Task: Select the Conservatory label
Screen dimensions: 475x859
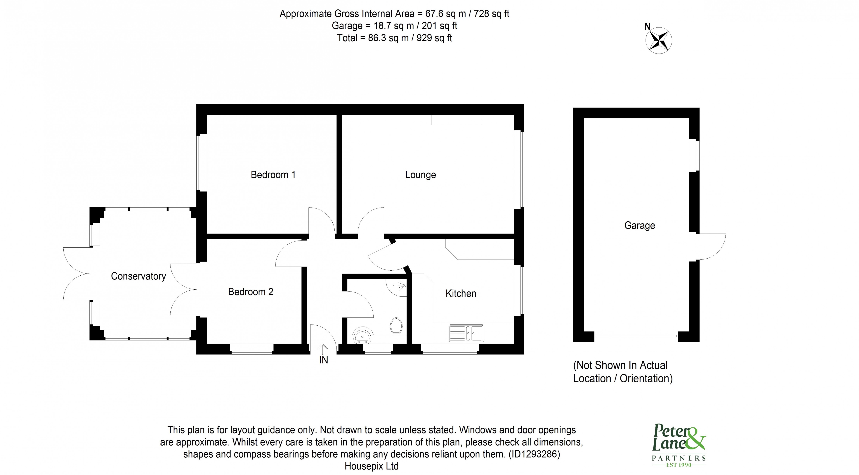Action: [x=138, y=276]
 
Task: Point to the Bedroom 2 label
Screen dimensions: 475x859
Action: [x=250, y=292]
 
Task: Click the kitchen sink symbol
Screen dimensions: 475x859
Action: [x=466, y=333]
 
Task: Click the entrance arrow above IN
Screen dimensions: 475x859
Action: [x=322, y=349]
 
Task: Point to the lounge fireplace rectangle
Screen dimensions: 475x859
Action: [x=457, y=120]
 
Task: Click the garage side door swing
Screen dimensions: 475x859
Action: [x=712, y=247]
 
